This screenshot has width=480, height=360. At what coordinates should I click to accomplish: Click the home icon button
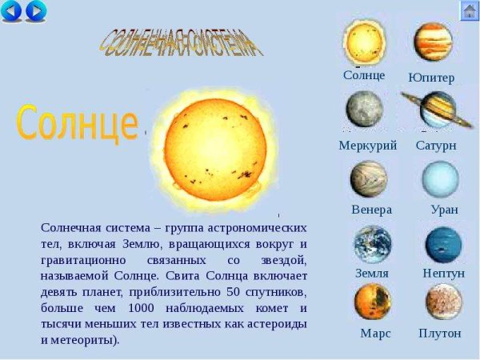(x=469, y=10)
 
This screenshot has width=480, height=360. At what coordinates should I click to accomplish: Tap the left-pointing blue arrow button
(x=11, y=10)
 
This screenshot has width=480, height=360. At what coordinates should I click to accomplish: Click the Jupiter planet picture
(x=433, y=42)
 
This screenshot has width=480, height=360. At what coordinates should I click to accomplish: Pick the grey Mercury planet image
(x=365, y=110)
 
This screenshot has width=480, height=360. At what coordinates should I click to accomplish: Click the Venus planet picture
(x=368, y=179)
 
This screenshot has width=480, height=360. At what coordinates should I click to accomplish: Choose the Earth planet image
(x=373, y=244)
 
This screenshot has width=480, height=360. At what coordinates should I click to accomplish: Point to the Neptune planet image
(x=443, y=245)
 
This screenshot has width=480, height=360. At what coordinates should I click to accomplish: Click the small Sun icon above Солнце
(x=365, y=40)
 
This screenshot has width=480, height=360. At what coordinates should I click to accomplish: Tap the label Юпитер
(x=431, y=78)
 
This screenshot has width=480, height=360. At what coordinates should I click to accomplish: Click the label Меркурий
(x=367, y=146)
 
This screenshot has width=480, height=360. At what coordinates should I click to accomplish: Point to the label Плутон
(x=440, y=333)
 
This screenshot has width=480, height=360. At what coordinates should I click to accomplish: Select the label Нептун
(x=443, y=274)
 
